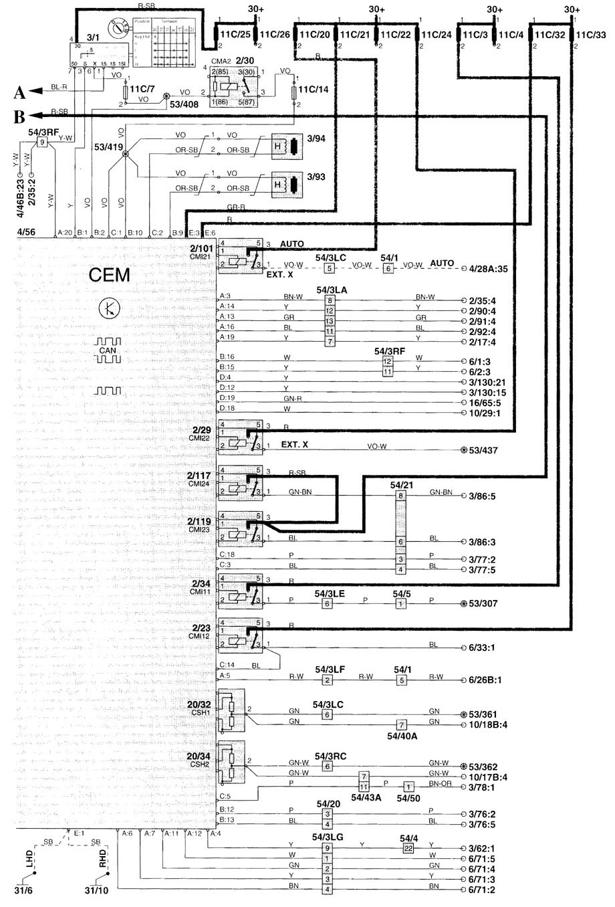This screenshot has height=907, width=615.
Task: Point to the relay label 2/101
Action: pyautogui.click(x=202, y=249)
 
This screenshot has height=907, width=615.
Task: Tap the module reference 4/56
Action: pyautogui.click(x=27, y=232)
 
